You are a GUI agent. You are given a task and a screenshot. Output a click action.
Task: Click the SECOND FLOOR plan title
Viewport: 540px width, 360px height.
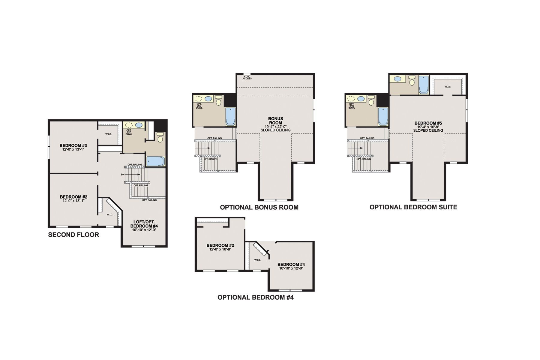click(73, 235)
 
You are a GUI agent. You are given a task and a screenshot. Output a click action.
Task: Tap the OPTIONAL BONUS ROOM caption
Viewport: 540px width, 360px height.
click(259, 207)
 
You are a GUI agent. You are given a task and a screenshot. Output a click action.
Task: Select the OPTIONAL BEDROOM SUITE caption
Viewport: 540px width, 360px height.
click(413, 207)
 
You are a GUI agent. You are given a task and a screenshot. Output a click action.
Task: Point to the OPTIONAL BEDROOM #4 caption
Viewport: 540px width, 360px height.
click(256, 297)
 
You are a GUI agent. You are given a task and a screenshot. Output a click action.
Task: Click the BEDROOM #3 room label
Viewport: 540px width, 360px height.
click(73, 145)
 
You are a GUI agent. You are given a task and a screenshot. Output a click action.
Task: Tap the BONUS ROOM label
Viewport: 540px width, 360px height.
click(275, 121)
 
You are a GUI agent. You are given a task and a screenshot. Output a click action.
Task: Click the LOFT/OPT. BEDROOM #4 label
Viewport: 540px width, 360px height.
click(144, 224)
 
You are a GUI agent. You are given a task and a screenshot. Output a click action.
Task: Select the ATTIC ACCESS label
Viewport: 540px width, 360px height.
click(247, 77)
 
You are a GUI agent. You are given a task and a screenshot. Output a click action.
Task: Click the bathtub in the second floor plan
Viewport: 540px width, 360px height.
click(155, 161)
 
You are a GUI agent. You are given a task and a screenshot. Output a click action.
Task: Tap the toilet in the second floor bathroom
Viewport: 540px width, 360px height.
click(160, 138)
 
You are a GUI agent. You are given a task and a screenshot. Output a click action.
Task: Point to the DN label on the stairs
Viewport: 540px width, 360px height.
click(123, 174)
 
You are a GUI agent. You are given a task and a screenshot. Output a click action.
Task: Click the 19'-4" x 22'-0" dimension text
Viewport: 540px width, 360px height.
click(275, 127)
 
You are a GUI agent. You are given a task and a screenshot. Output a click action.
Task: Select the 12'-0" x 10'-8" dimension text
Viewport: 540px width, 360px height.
click(220, 249)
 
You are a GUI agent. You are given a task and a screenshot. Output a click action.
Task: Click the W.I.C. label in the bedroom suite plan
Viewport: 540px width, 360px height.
click(448, 87)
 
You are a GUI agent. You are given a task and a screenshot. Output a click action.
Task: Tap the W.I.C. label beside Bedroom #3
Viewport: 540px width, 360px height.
click(108, 134)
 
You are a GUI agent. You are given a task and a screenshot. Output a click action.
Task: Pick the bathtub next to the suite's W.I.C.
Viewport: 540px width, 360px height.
click(424, 85)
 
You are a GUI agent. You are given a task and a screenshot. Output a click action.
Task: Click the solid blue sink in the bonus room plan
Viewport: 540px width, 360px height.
click(208, 99)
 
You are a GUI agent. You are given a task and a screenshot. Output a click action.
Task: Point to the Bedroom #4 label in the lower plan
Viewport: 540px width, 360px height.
click(291, 264)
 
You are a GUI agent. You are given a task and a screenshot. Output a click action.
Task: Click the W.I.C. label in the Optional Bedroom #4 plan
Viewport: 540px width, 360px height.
click(257, 260)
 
